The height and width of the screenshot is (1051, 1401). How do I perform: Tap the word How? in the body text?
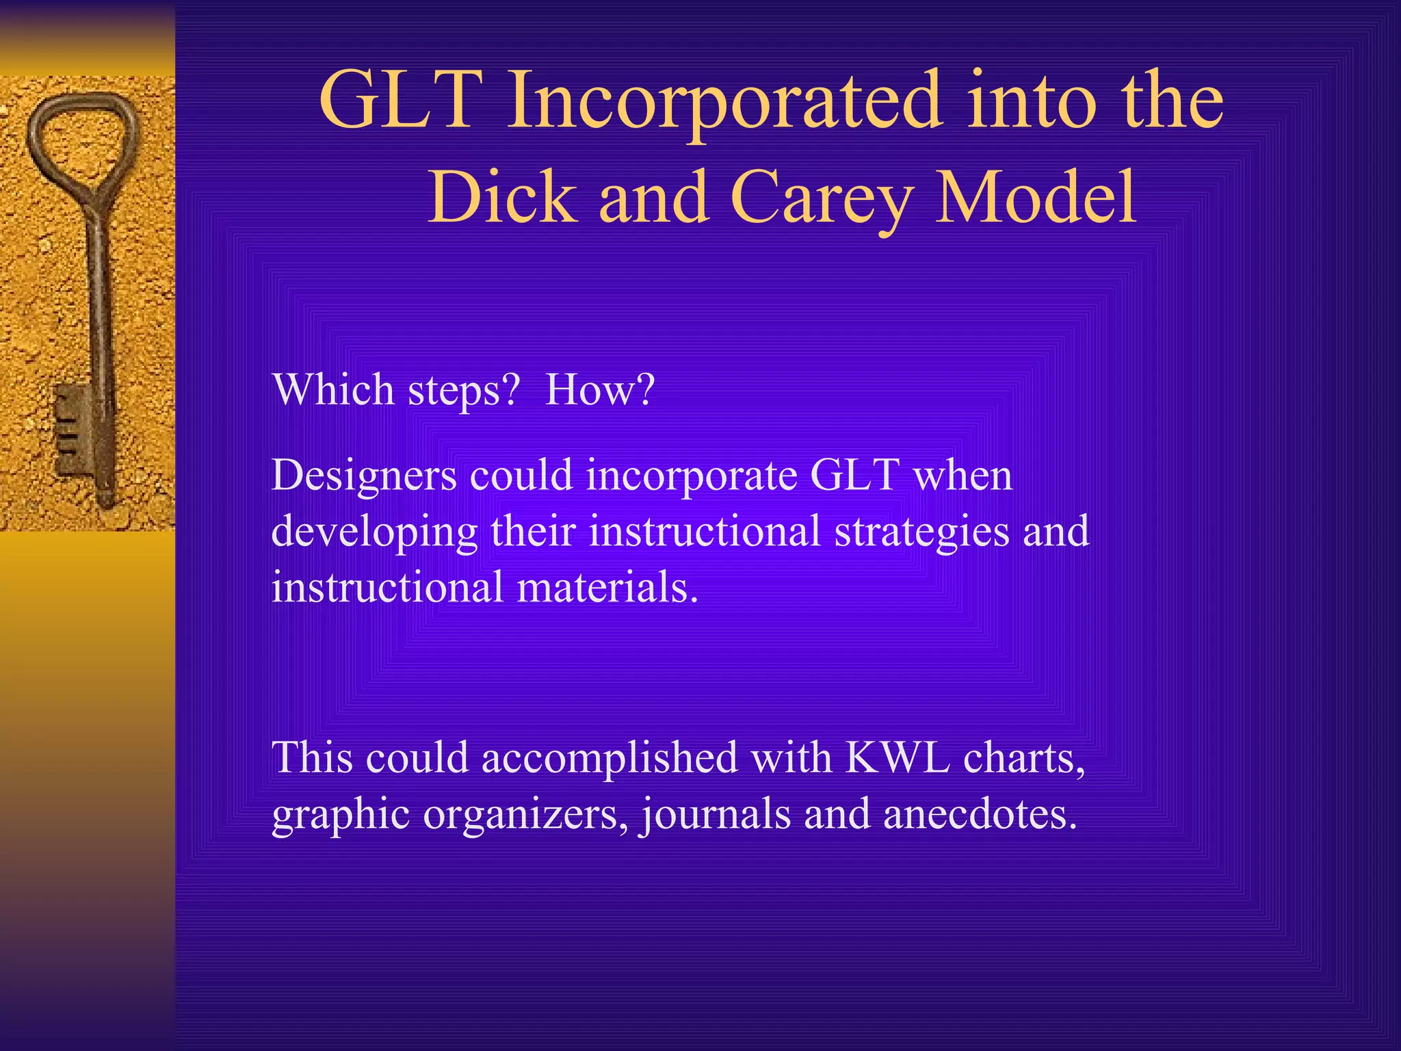[600, 389]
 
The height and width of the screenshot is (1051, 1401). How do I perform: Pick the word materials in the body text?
[607, 587]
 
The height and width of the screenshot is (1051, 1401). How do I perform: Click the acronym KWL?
[898, 757]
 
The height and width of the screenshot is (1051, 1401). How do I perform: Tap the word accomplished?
[610, 757]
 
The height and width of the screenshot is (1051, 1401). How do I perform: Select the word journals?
[715, 814]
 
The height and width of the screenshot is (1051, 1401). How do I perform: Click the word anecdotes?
[980, 814]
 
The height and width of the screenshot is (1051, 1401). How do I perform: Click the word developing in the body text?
[374, 532]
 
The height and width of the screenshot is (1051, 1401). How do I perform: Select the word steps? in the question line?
[463, 389]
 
